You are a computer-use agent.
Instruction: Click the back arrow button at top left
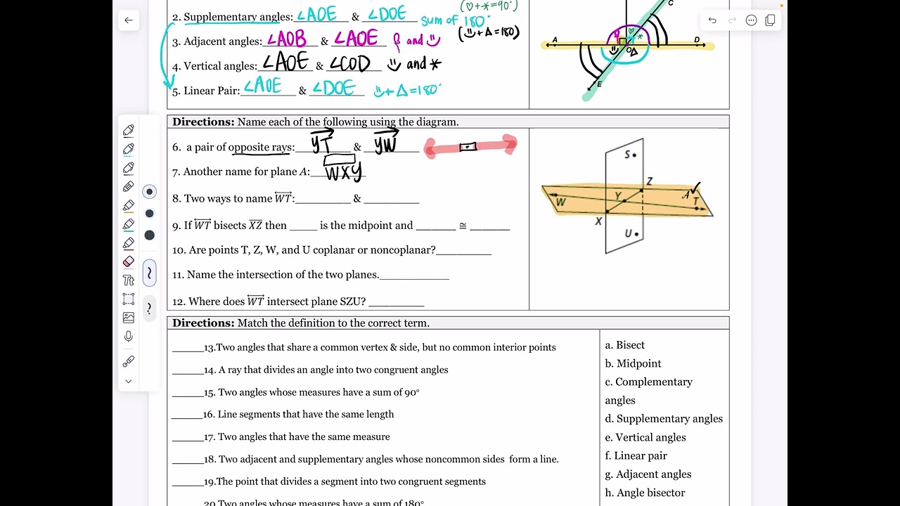[x=128, y=20]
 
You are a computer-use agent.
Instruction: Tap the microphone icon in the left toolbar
[x=128, y=337]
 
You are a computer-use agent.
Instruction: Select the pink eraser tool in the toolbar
[x=128, y=261]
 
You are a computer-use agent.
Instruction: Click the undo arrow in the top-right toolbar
[x=712, y=20]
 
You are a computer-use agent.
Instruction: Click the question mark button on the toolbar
[x=149, y=309]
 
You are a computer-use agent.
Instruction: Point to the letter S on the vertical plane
[x=627, y=155]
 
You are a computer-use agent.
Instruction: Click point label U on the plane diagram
[x=628, y=233]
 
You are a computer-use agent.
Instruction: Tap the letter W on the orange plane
[x=560, y=203]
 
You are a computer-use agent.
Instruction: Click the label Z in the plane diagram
[x=649, y=181]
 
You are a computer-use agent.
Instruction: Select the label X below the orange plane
[x=598, y=221]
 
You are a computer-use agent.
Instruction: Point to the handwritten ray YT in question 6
[x=322, y=143]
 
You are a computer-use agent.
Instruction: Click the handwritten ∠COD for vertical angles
[x=349, y=64]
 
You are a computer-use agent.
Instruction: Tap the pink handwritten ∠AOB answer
[x=287, y=39]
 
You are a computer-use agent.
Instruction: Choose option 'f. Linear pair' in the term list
[x=636, y=455]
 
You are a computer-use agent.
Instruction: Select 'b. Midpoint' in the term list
[x=633, y=363]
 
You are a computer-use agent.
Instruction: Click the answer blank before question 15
[x=187, y=393]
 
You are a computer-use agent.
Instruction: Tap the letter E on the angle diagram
[x=599, y=84]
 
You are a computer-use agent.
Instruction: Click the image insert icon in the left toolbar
[x=128, y=318]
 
